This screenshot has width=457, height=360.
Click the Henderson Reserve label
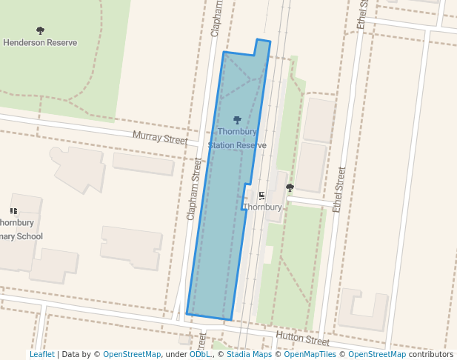coord(40,43)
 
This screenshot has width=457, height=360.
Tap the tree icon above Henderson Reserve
coord(40,30)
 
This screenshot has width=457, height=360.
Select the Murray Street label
coord(160,137)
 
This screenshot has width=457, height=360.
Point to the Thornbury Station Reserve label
coord(237,139)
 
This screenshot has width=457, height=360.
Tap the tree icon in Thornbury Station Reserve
coord(237,119)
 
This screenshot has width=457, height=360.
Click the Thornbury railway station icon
coord(261,196)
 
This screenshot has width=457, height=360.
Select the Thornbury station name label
coord(263,207)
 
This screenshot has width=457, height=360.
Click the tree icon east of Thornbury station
coord(290,187)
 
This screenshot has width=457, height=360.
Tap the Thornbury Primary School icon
coord(13,211)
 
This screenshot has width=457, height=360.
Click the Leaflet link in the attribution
coord(41,354)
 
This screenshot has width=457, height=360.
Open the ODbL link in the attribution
coord(200,354)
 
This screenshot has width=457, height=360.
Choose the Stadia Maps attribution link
coord(249,354)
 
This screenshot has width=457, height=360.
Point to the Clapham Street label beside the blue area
coord(194,188)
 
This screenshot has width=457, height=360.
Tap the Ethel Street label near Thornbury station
coord(339,190)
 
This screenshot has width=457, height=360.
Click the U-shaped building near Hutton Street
coord(363,312)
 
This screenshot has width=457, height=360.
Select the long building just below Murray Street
coord(144,164)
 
